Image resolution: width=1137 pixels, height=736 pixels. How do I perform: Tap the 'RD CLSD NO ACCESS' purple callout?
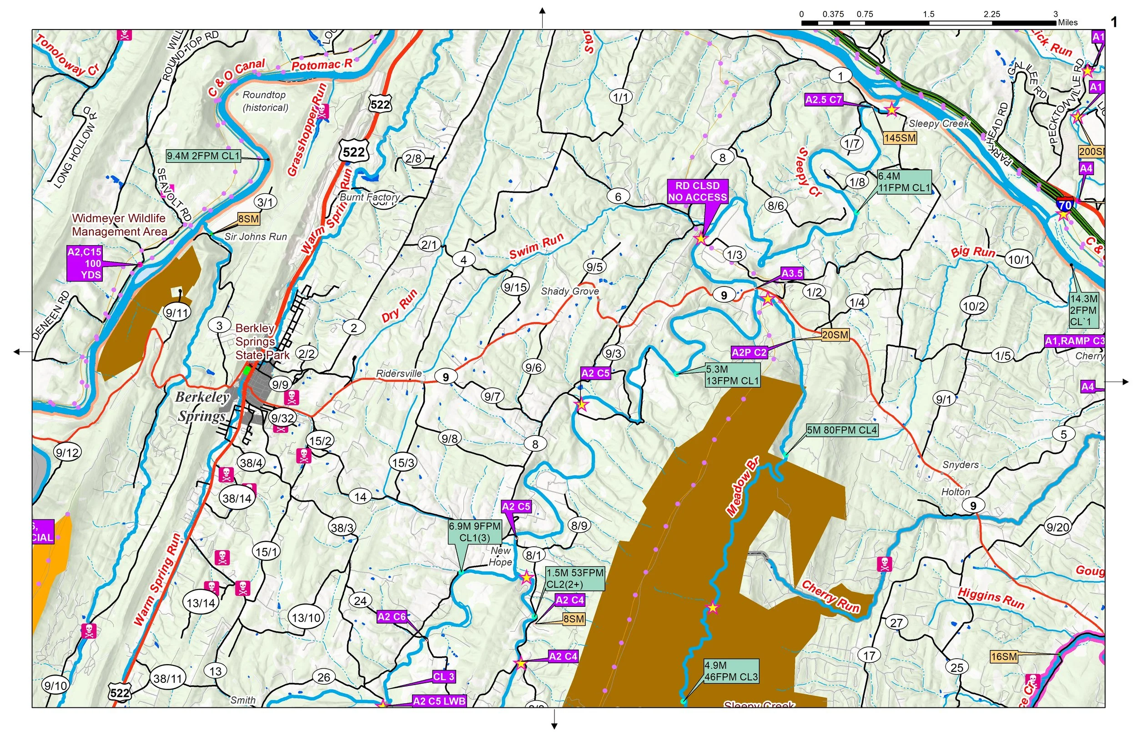point(697,192)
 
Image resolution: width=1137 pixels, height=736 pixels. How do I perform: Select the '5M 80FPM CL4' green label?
point(842,430)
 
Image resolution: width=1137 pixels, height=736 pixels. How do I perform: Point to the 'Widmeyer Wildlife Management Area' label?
point(120,225)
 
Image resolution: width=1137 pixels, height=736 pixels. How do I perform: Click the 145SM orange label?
point(900,138)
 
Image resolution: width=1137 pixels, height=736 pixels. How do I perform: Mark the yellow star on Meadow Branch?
point(712,608)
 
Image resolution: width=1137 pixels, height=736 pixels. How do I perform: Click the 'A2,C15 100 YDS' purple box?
point(85,263)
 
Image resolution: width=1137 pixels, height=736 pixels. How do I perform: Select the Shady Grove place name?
point(569,291)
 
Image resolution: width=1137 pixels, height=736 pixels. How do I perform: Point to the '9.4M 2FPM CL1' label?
point(203,156)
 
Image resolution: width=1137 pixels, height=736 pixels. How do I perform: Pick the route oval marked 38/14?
point(237,499)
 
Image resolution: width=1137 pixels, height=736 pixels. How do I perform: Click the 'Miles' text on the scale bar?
point(1068,22)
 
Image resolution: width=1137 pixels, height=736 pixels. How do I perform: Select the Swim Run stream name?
point(536,247)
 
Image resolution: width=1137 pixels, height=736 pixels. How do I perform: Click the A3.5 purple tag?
point(792,273)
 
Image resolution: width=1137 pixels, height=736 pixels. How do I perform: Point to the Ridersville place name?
point(399,373)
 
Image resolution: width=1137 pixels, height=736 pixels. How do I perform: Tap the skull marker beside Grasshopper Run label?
point(322,111)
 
